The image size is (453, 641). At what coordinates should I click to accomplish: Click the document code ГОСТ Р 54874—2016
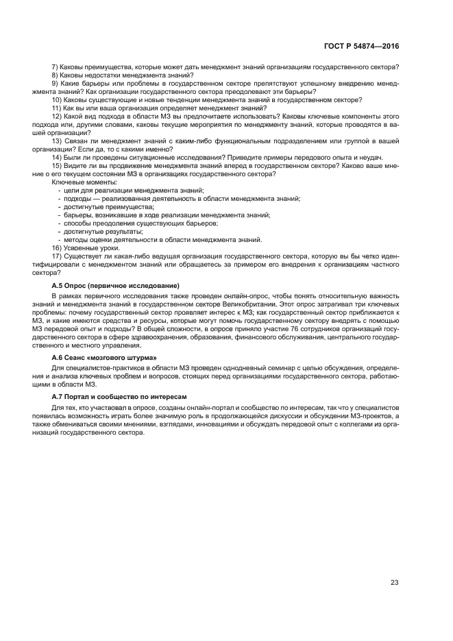tap(362, 46)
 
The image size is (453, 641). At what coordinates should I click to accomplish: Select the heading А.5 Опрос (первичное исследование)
tap(115, 285)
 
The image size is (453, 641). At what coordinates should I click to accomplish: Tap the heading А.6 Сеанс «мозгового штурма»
tap(104, 357)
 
